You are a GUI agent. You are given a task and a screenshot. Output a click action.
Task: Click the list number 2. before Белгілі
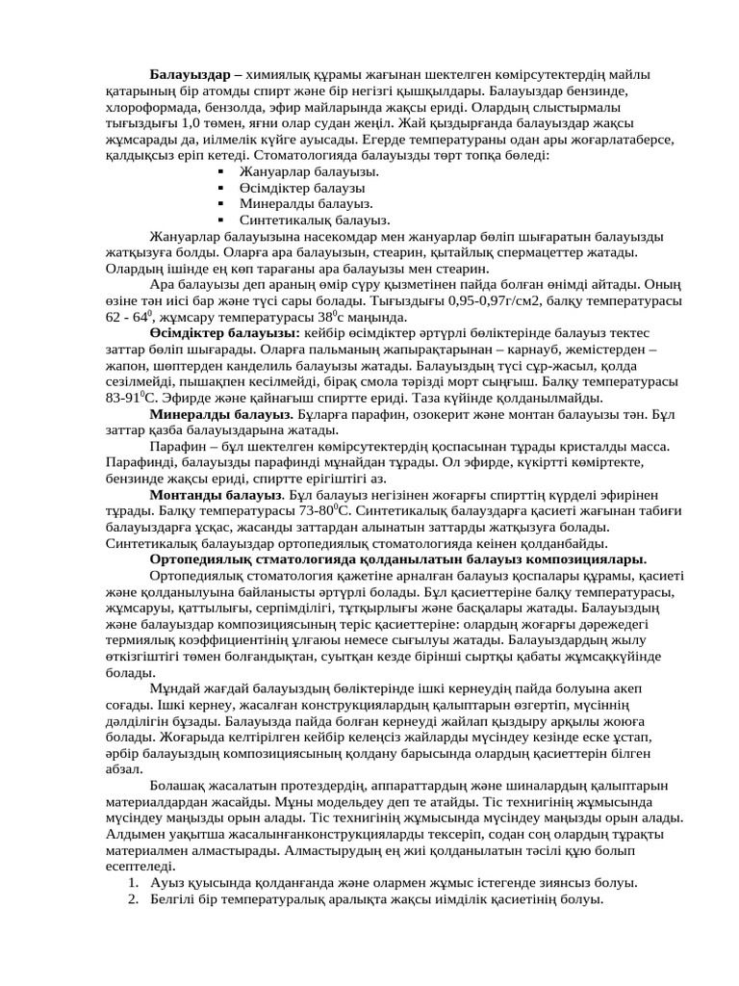point(134,900)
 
